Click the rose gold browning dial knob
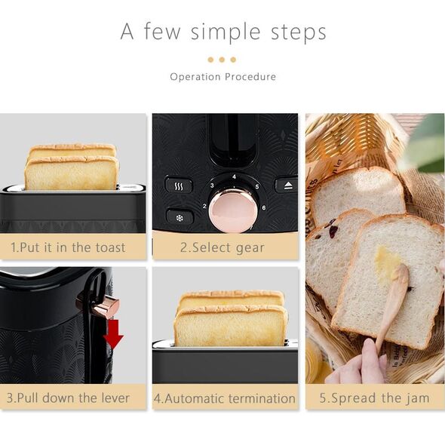233,210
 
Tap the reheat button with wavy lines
179,186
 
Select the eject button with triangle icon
287,186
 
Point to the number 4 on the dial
234,176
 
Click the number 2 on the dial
204,206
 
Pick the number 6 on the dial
264,207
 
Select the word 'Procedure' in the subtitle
250,77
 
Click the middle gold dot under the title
222,60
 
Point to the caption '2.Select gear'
222,247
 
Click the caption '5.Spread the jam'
374,398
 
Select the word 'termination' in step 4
262,398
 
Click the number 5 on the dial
257,187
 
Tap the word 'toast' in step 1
110,247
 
